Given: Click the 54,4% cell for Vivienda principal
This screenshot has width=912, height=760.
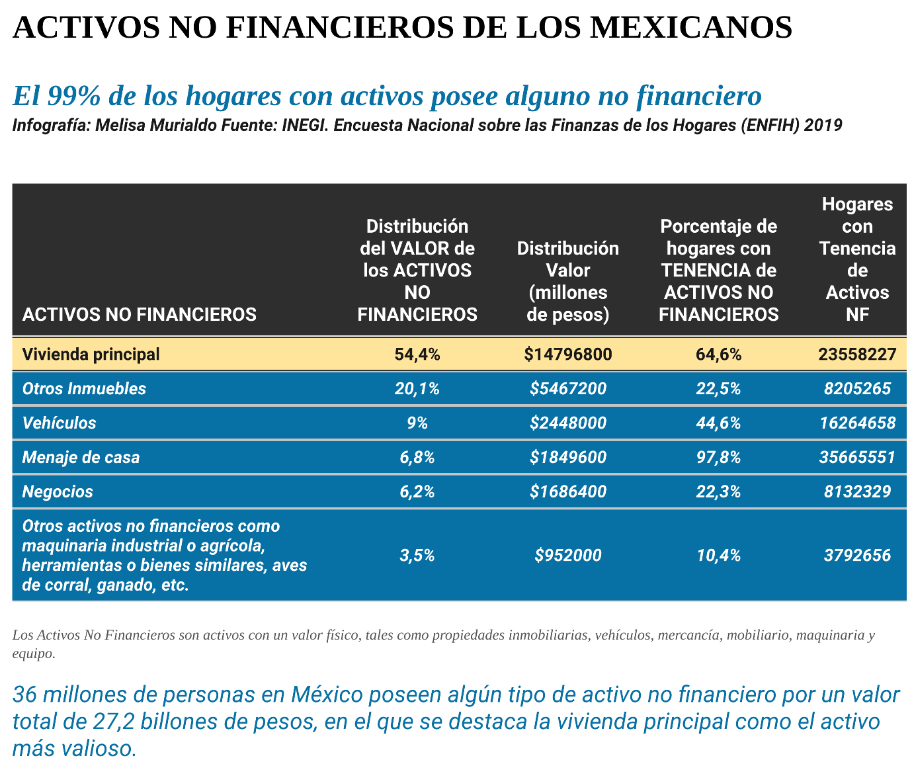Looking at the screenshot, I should pyautogui.click(x=417, y=355).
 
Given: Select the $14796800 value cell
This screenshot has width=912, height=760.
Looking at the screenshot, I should pyautogui.click(x=567, y=355).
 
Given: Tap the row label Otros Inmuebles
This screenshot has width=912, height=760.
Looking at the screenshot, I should pyautogui.click(x=84, y=389).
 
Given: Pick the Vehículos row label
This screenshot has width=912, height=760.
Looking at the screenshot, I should pyautogui.click(x=59, y=423).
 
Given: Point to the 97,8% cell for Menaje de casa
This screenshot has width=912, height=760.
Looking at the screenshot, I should pyautogui.click(x=718, y=458).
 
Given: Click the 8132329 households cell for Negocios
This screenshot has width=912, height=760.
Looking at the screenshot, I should pyautogui.click(x=857, y=492).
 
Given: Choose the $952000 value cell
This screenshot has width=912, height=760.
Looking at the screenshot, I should pyautogui.click(x=567, y=556).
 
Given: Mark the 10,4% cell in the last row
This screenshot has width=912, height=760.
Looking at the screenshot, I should pyautogui.click(x=718, y=556).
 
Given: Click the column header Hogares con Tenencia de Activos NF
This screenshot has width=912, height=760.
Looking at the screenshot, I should pyautogui.click(x=857, y=259).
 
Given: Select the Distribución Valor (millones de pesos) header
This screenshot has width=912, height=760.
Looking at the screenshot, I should pyautogui.click(x=567, y=281).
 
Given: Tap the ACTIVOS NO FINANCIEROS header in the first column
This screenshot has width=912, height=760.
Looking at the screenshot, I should pyautogui.click(x=140, y=314).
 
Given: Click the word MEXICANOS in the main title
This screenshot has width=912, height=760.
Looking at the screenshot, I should pyautogui.click(x=690, y=28).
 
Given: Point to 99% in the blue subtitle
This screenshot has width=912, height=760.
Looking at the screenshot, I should pyautogui.click(x=73, y=96).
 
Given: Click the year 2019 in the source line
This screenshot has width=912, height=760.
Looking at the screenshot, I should pyautogui.click(x=823, y=126).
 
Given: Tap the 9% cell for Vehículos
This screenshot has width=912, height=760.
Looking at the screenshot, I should pyautogui.click(x=417, y=423).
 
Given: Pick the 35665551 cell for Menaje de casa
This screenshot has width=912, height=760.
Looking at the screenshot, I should pyautogui.click(x=857, y=458).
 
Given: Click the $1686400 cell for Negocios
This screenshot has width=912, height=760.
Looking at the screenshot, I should pyautogui.click(x=567, y=492).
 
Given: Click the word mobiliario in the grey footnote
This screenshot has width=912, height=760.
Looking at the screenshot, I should pyautogui.click(x=755, y=636).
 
